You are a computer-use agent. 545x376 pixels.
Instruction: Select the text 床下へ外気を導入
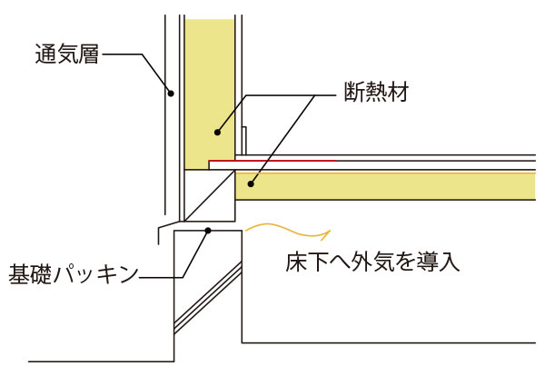[369, 264]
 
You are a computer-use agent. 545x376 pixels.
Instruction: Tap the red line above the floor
[272, 163]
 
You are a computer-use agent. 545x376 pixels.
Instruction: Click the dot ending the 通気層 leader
[170, 91]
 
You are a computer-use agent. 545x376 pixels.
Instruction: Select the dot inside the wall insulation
[216, 133]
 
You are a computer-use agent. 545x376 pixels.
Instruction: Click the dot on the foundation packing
[208, 230]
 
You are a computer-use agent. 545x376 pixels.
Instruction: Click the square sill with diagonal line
[209, 197]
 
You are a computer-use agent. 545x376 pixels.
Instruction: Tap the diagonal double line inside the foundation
[209, 295]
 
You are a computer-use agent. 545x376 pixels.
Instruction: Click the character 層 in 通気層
[86, 54]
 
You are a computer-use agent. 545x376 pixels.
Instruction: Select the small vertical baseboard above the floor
[244, 140]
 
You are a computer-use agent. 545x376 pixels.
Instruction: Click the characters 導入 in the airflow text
[441, 264]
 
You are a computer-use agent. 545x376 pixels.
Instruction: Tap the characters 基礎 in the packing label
[30, 272]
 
